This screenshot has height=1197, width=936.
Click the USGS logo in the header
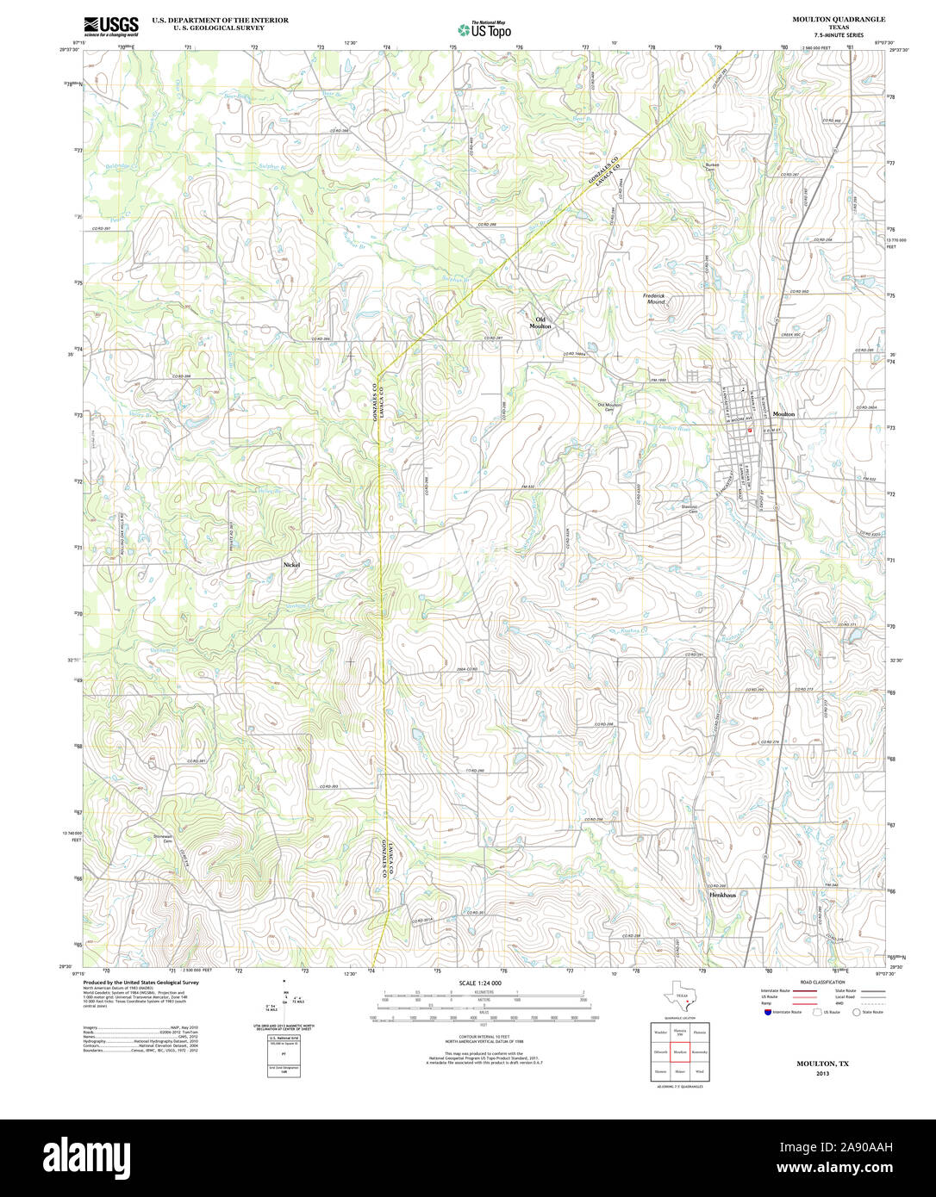coord(110,26)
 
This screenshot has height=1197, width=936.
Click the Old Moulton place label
coord(540,323)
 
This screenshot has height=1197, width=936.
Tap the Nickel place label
coord(291,564)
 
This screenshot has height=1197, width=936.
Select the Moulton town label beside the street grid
coord(783,414)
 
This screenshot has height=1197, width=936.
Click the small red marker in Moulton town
coord(750,429)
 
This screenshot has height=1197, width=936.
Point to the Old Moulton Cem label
coord(608,407)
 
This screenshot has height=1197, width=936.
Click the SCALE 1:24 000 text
coord(480,983)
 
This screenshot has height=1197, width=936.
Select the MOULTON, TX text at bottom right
coord(822,1064)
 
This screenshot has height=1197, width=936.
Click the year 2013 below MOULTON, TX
coord(822,1073)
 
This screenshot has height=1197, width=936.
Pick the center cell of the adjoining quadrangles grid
coord(680,1051)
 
